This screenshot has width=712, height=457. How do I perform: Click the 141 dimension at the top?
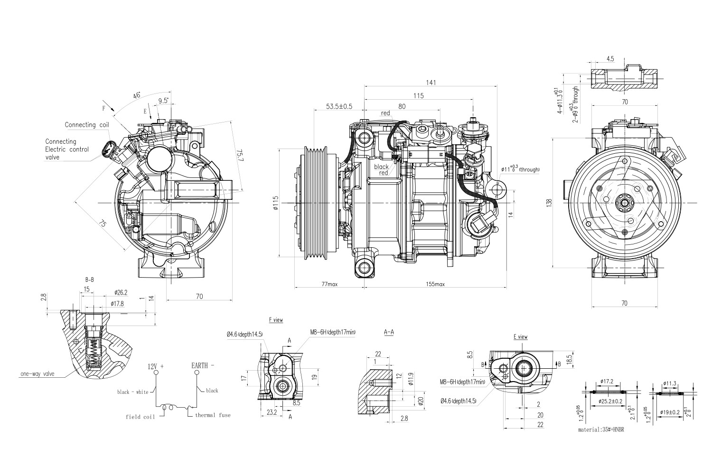coord(431,82)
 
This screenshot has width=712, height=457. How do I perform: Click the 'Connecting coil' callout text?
coord(87,125)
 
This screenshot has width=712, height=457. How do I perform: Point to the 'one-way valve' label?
coord(37,374)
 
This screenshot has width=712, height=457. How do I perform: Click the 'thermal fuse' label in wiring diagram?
coord(212,415)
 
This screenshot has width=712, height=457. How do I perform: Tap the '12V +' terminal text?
coord(156,366)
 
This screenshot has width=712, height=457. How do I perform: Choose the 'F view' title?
coord(276,320)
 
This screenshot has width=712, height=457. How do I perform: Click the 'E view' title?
coord(520,337)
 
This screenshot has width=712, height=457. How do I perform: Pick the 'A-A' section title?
coord(388,333)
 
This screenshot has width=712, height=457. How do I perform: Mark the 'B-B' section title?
coord(89,280)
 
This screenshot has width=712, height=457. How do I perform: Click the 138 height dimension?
coord(549,203)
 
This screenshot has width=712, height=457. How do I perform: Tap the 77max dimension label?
coord(329,284)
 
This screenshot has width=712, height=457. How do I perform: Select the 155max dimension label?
coord(434,284)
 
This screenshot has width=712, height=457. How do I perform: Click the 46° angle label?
coord(137,95)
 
